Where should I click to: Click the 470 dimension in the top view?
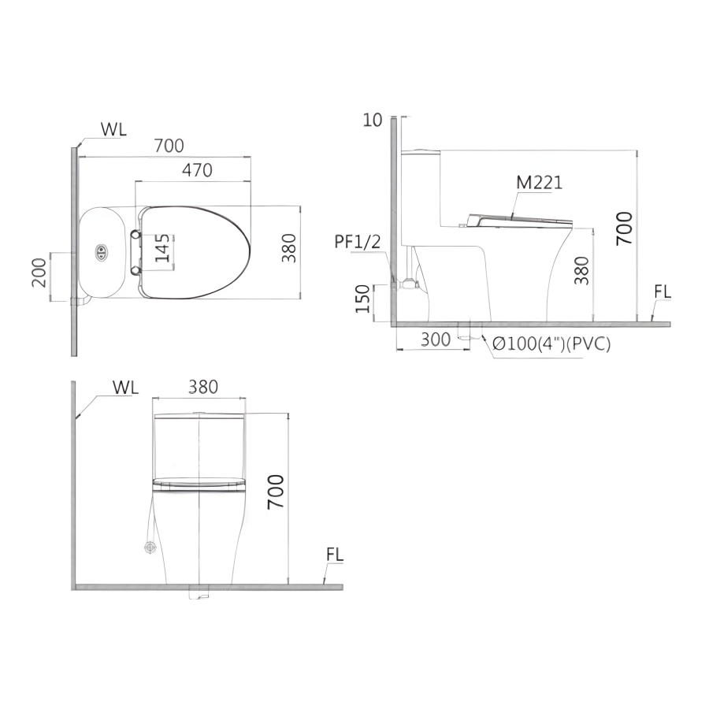tap(197, 170)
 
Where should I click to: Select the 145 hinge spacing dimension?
tap(163, 248)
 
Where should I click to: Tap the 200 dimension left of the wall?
tap(39, 273)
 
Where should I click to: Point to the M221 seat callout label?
tap(540, 182)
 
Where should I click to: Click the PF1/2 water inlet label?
tap(357, 242)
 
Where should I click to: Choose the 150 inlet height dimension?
tap(362, 299)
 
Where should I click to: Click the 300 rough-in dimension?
tap(436, 340)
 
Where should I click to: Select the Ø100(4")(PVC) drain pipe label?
tap(551, 344)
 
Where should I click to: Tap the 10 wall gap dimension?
tap(373, 120)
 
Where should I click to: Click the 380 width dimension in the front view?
tap(203, 387)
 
